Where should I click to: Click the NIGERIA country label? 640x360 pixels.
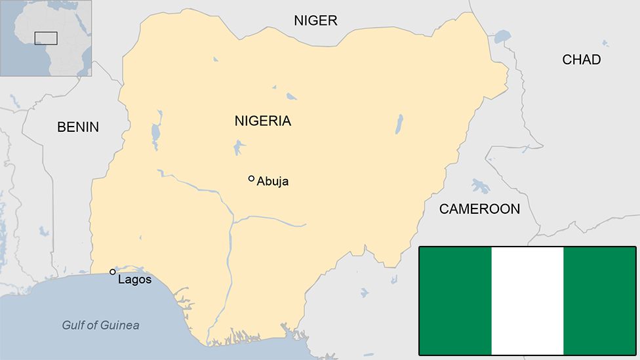click(262, 121)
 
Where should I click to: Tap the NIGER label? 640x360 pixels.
click(315, 21)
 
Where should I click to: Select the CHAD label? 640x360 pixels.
click(581, 60)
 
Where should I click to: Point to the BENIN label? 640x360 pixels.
click(78, 127)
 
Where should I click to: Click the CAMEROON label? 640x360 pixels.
click(479, 209)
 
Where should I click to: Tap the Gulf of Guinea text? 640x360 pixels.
click(100, 325)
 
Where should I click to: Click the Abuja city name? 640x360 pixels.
click(273, 182)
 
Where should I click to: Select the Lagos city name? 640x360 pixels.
click(134, 280)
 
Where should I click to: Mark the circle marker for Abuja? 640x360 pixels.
click(251, 178)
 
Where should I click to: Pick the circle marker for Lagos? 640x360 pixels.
click(113, 272)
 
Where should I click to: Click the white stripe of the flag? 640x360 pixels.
click(527, 301)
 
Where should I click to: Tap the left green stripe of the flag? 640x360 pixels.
click(455, 301)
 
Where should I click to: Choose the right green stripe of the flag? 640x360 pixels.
click(599, 301)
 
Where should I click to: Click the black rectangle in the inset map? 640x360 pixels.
click(46, 38)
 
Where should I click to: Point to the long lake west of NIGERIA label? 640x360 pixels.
click(155, 134)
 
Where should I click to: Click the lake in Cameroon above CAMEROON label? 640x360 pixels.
click(481, 186)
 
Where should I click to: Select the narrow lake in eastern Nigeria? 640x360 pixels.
click(399, 124)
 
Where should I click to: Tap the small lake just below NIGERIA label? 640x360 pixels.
click(238, 148)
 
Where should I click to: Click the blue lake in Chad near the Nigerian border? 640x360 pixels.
click(502, 36)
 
